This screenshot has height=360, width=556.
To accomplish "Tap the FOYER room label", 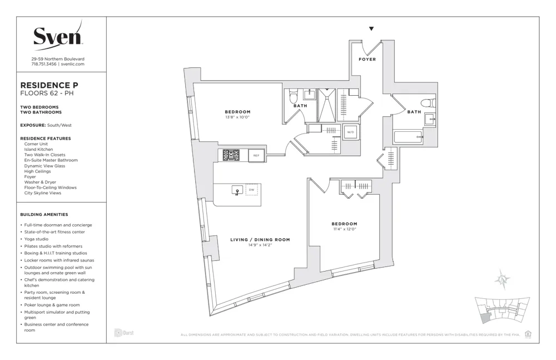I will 367,60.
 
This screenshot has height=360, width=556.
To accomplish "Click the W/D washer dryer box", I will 350,132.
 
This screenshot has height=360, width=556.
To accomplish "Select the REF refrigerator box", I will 256,156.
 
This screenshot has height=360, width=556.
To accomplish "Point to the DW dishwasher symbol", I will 251,190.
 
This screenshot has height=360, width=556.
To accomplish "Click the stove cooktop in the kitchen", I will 231,155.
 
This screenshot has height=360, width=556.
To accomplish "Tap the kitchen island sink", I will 237,190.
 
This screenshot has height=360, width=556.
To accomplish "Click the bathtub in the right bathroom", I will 408,136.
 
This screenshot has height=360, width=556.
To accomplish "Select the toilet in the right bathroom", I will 428,103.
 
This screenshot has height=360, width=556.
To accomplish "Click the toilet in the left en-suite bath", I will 294,97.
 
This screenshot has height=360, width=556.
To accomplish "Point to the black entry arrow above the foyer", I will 371,29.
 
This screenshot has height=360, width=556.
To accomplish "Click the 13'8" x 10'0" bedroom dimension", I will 237,117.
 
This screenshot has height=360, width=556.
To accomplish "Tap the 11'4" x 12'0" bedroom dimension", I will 345,229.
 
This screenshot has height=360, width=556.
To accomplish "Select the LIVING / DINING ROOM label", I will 260,240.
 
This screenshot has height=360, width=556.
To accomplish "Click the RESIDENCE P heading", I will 49,85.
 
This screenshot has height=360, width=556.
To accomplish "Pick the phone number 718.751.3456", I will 44,64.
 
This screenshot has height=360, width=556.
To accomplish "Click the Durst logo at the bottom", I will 124,333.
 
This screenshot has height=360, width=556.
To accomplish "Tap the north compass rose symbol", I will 503,280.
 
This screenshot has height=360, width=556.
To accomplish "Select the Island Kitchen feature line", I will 38,150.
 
